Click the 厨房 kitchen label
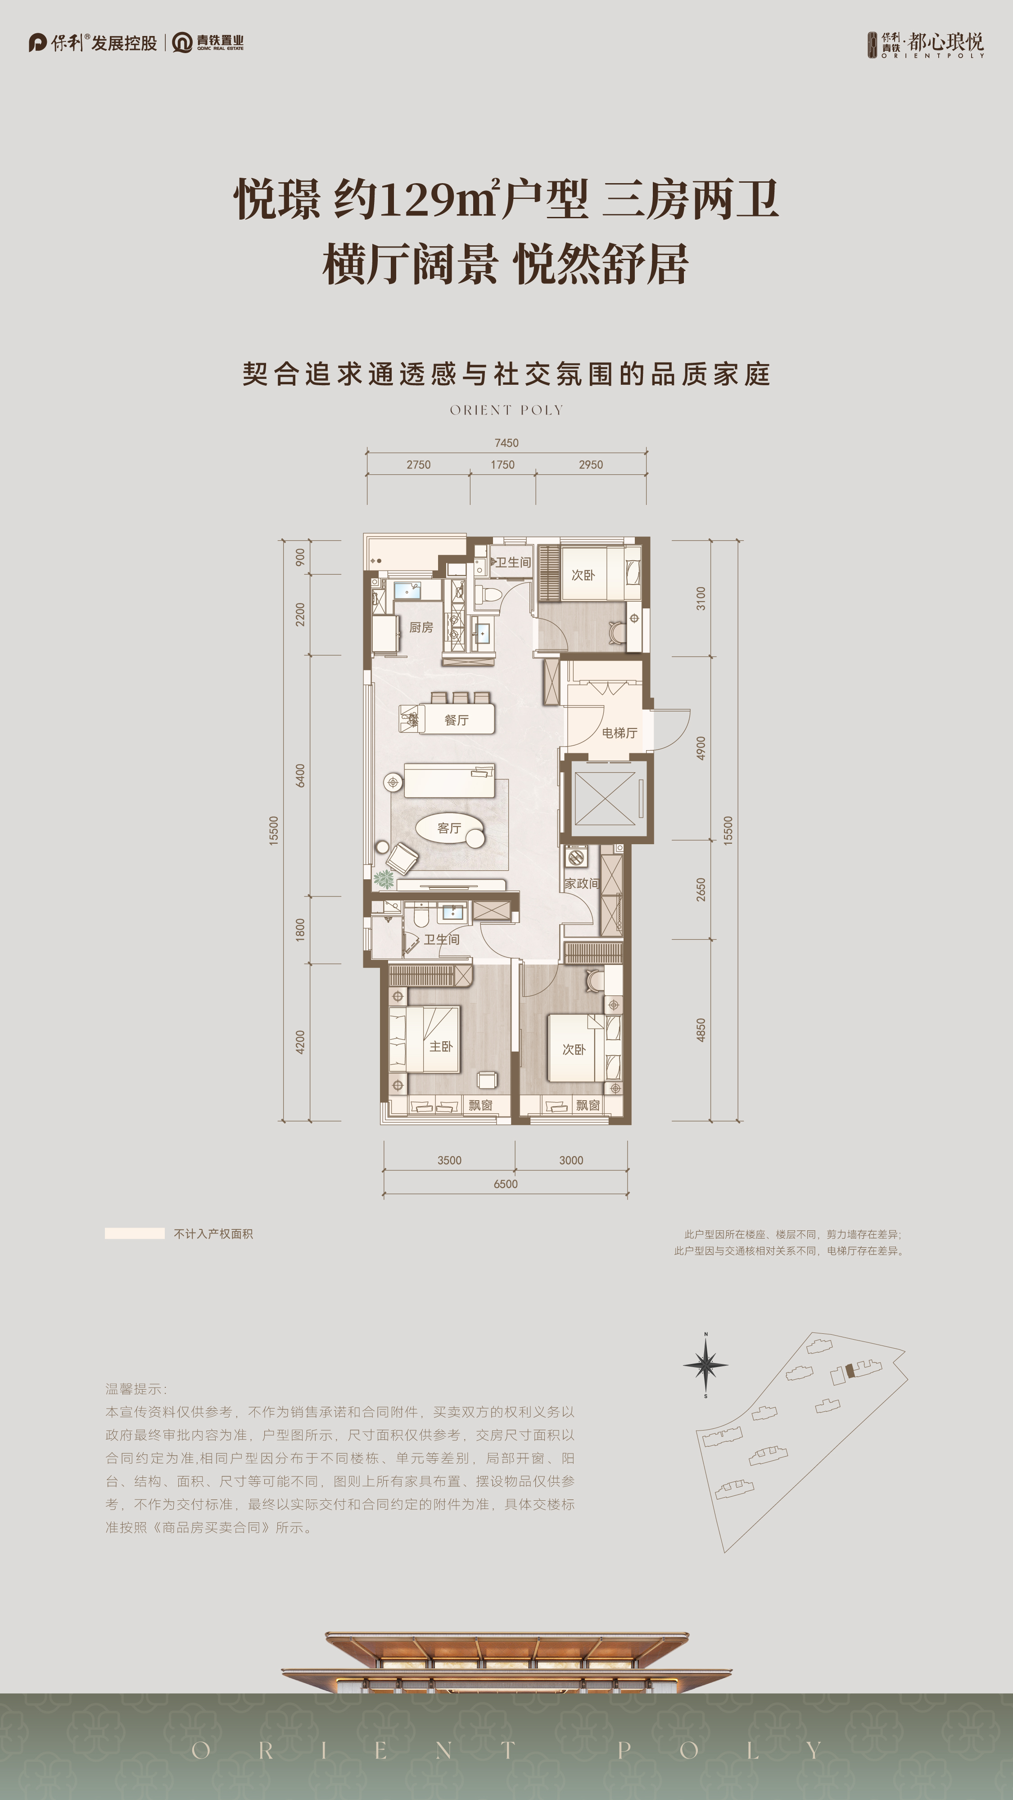tap(421, 627)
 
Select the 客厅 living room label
tap(449, 828)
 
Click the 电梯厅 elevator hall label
tap(620, 732)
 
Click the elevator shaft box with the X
tap(605, 798)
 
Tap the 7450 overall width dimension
tap(506, 443)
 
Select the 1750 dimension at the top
tap(502, 465)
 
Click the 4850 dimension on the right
tap(701, 1030)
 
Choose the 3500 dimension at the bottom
tap(449, 1160)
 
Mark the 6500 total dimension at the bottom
tap(506, 1183)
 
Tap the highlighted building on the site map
tap(850, 1370)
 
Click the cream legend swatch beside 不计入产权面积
tap(134, 1233)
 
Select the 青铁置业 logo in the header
tap(208, 43)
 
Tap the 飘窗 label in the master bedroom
tap(480, 1105)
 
